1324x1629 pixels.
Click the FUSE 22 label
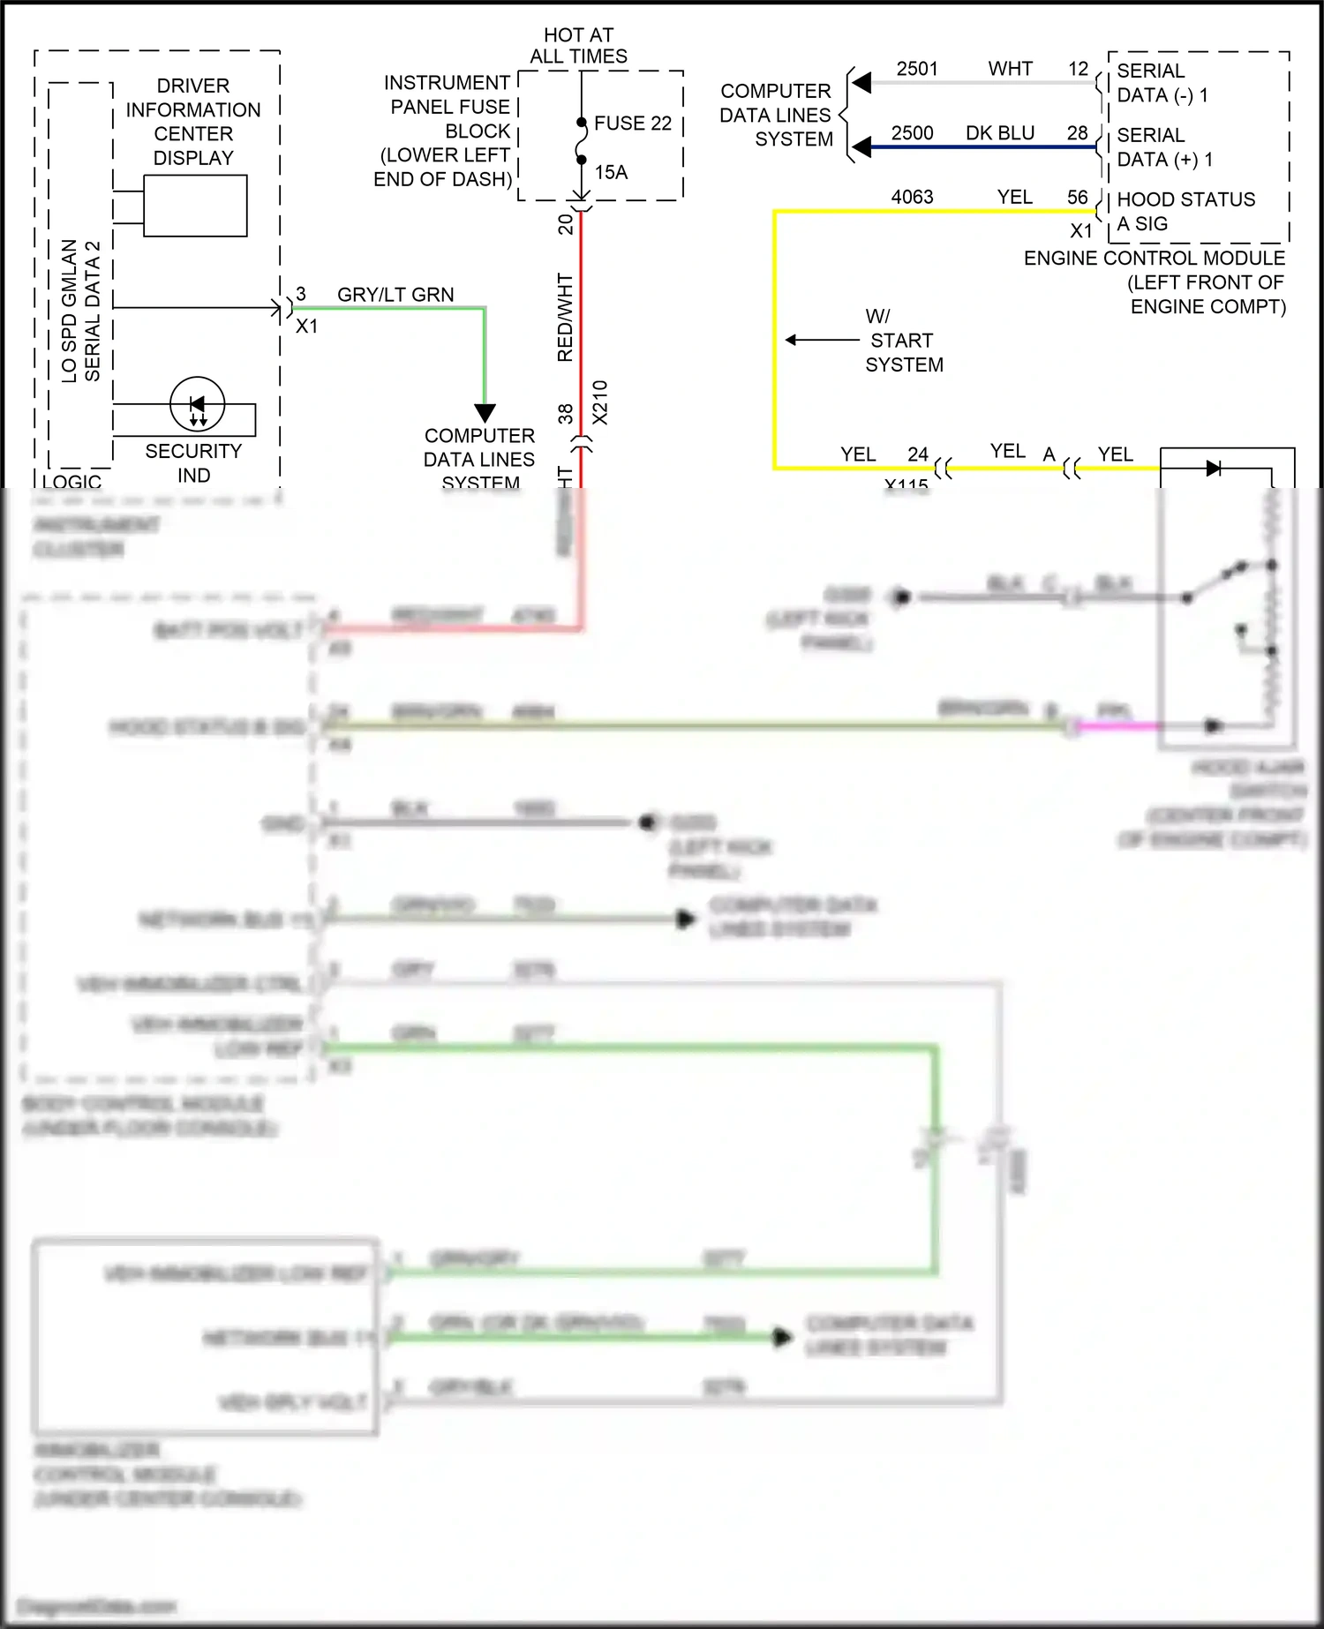point(632,124)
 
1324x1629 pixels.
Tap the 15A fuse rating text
point(611,173)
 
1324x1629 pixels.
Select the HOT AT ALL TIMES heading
point(578,46)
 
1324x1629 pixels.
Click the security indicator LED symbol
point(197,405)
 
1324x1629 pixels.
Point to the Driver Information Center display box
point(195,206)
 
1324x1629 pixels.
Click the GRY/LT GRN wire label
point(395,295)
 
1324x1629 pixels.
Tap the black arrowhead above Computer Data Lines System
point(485,412)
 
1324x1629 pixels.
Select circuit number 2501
point(917,69)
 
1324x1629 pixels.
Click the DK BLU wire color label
point(1000,133)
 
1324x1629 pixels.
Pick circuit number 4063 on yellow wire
point(912,197)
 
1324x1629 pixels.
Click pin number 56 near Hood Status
point(1077,198)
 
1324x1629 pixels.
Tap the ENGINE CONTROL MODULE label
point(1154,259)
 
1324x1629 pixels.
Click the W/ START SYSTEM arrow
point(821,340)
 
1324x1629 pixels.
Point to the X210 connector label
point(600,402)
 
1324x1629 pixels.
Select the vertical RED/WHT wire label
point(565,318)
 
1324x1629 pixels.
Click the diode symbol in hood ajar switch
point(1214,468)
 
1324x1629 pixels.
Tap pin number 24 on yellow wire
point(918,454)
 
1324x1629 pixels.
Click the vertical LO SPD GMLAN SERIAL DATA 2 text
point(80,311)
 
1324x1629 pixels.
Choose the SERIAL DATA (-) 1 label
point(1162,83)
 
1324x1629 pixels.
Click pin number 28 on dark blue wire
point(1077,133)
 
